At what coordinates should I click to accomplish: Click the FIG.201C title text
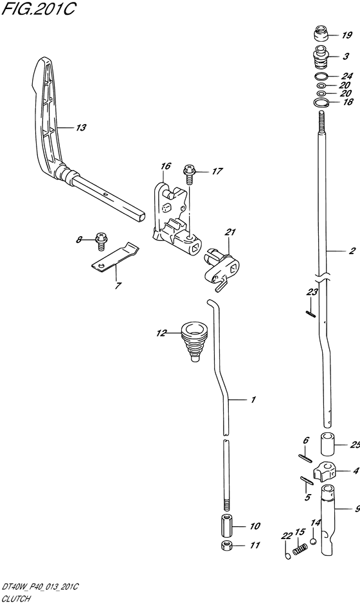click(38, 8)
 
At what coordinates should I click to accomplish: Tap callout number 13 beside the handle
click(81, 127)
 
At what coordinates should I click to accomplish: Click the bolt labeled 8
click(101, 239)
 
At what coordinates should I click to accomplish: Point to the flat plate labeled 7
click(115, 257)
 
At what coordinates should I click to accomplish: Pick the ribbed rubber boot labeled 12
click(194, 341)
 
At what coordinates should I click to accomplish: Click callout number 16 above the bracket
click(166, 166)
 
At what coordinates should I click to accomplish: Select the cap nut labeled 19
click(320, 33)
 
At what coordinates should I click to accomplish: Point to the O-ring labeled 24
click(321, 75)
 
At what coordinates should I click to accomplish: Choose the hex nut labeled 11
click(227, 546)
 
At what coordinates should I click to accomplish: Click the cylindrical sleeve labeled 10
click(227, 525)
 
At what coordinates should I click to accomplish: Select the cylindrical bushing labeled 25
click(327, 445)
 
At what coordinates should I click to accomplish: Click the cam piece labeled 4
click(325, 472)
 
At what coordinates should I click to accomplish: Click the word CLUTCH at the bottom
click(16, 599)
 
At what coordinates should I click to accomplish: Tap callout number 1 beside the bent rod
click(253, 399)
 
